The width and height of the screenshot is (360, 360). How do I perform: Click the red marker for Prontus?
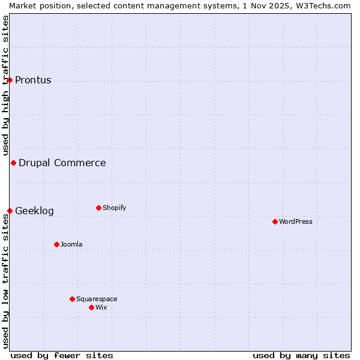pyautogui.click(x=10, y=80)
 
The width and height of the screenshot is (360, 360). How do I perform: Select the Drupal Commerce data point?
pyautogui.click(x=13, y=163)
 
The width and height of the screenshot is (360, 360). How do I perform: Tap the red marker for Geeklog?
pyautogui.click(x=10, y=211)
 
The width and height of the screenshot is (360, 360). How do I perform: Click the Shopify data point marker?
pyautogui.click(x=98, y=208)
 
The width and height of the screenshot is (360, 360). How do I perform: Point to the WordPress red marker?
pyautogui.click(x=275, y=221)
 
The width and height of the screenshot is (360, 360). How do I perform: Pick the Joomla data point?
pyautogui.click(x=56, y=244)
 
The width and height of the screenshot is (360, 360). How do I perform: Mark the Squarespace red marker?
pyautogui.click(x=72, y=299)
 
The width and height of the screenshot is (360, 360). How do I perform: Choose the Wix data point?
pyautogui.click(x=91, y=307)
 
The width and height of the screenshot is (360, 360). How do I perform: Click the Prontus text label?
pyautogui.click(x=33, y=80)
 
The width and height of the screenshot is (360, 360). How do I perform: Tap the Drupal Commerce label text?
pyautogui.click(x=62, y=163)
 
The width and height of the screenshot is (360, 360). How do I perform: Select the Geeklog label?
pyautogui.click(x=34, y=211)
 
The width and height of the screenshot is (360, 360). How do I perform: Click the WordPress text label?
pyautogui.click(x=296, y=222)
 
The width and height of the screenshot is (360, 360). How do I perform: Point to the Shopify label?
pyautogui.click(x=114, y=208)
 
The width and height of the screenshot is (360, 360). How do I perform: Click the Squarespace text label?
pyautogui.click(x=97, y=299)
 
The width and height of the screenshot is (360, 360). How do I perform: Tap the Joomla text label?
pyautogui.click(x=71, y=245)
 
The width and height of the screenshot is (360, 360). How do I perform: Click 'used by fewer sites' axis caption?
pyautogui.click(x=62, y=355)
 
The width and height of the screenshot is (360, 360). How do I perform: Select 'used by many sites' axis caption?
pyautogui.click(x=301, y=355)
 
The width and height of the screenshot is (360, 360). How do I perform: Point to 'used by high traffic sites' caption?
pyautogui.click(x=5, y=85)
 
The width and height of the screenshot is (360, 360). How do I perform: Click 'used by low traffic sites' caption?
pyautogui.click(x=5, y=282)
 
